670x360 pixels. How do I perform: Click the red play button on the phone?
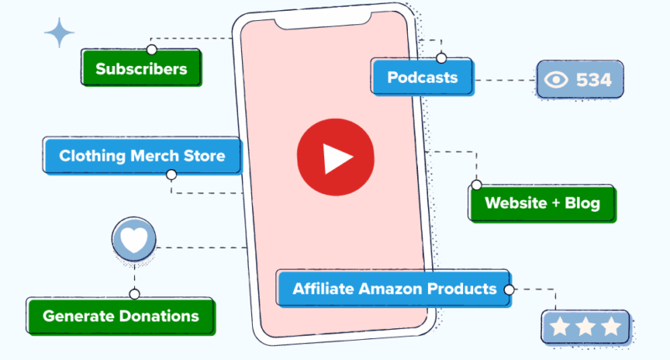[336, 157]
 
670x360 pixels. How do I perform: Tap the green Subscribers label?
[142, 68]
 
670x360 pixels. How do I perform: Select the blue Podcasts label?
[422, 77]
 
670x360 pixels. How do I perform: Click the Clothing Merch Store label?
[142, 156]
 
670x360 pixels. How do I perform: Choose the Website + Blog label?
[542, 203]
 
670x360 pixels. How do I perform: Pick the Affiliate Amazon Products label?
[394, 289]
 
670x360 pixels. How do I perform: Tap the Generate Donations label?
[121, 316]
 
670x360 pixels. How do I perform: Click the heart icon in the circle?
[134, 239]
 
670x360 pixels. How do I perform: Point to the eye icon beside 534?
[556, 80]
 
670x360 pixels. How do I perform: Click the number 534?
[594, 80]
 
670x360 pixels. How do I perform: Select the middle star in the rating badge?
[585, 327]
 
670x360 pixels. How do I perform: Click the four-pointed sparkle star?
[59, 33]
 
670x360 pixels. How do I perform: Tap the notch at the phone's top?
[322, 22]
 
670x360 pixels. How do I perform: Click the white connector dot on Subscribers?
[152, 49]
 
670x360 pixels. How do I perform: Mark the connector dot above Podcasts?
[441, 58]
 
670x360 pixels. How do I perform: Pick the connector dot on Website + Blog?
[477, 185]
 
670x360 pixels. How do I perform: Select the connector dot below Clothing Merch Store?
[172, 175]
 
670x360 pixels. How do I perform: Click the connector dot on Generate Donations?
[135, 294]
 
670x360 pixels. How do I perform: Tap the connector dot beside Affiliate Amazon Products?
[509, 290]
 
